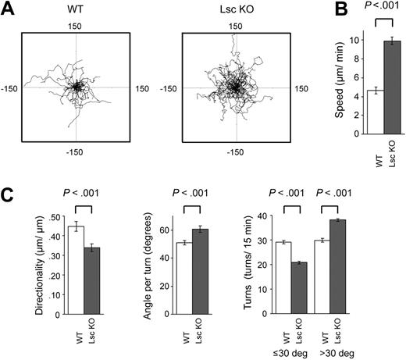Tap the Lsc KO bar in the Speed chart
tap(378, 87)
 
